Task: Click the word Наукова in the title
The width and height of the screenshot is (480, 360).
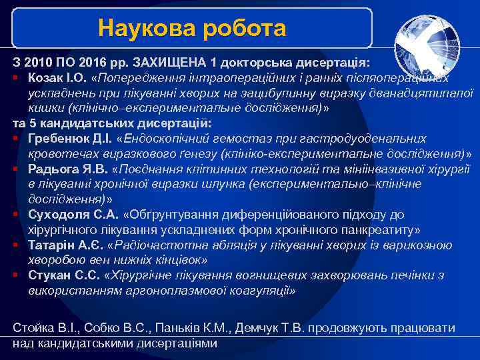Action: [x=136, y=28]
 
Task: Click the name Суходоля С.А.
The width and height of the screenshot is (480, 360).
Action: [x=73, y=214]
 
